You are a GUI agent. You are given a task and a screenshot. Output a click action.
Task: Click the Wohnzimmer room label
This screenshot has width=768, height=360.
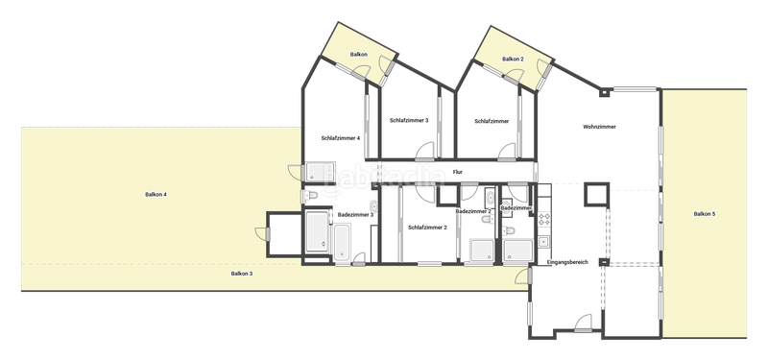point(599,127)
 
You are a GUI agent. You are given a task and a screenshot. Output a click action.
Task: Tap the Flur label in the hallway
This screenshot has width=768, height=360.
point(458,172)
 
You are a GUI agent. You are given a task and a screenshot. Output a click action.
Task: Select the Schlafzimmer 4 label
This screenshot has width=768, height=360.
point(341,138)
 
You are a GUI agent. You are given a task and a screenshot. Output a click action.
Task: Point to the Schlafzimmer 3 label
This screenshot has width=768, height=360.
point(409,121)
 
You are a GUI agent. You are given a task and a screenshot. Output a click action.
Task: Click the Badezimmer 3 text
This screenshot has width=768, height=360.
point(355,215)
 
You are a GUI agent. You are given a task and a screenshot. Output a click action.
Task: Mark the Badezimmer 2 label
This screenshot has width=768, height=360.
point(473,211)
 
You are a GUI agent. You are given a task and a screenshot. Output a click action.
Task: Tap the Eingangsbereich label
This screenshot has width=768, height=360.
point(566,262)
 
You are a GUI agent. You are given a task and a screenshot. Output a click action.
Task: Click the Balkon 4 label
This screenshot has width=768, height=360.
point(156,195)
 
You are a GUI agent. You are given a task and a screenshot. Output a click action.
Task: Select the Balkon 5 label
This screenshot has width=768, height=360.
point(705,213)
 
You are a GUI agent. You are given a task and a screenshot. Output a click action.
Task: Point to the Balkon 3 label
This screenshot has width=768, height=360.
point(242,275)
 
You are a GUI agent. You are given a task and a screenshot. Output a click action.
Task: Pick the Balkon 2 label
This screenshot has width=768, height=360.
point(515,60)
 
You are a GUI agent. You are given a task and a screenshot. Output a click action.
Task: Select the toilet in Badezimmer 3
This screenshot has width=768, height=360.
point(311,197)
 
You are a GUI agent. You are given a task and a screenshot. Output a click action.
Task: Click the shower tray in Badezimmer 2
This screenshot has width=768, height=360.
point(483,251)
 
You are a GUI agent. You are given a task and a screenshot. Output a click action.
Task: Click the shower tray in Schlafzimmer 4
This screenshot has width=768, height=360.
point(317,173)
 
